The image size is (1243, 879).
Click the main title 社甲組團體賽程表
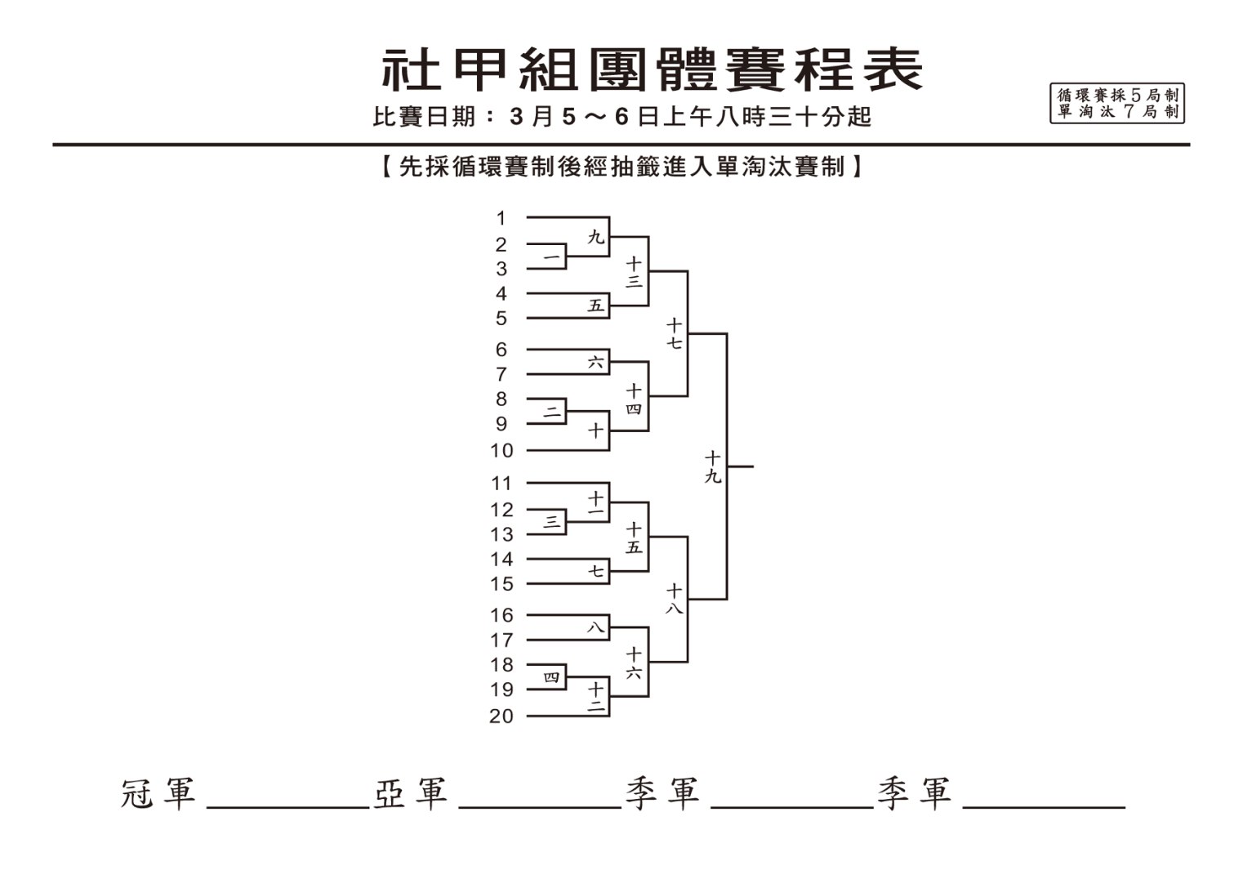(x=652, y=70)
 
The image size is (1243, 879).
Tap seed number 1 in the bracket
(x=501, y=218)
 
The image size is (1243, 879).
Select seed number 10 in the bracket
(x=501, y=451)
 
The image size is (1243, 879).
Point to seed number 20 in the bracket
(x=501, y=716)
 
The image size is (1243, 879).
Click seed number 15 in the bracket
(x=501, y=584)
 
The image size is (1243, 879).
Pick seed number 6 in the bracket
(x=501, y=350)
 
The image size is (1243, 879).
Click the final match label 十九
(x=712, y=467)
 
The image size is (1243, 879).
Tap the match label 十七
(x=674, y=334)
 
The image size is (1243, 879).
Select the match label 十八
(x=674, y=599)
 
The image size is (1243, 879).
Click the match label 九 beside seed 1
(x=595, y=238)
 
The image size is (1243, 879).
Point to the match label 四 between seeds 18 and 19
(x=551, y=677)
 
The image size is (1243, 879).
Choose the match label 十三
(x=634, y=272)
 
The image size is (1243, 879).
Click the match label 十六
(x=634, y=663)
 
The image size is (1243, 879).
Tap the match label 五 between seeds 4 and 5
(x=595, y=306)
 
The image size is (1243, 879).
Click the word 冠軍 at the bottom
(x=158, y=793)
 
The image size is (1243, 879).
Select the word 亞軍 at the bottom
(x=411, y=793)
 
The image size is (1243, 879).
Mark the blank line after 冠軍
(x=288, y=807)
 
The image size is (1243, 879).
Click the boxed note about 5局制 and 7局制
(x=1117, y=103)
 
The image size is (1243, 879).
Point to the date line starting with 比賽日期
(x=621, y=117)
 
